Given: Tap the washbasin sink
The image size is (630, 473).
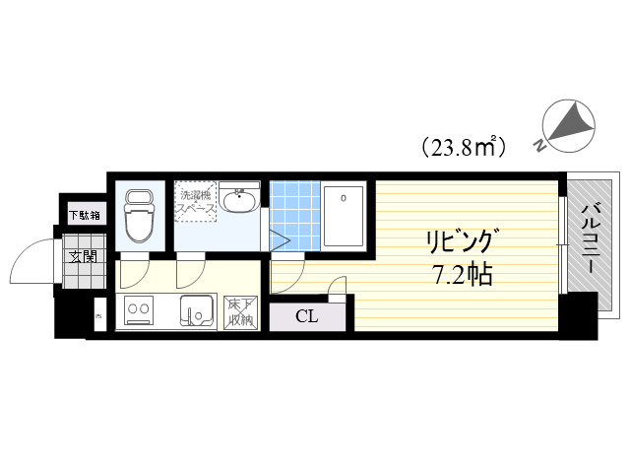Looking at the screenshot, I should point(239,203).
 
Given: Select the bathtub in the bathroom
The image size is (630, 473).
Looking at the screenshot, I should point(344,214).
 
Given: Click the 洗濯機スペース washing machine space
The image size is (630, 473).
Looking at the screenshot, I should point(195,202).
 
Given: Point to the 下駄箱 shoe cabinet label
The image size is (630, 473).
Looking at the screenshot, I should point(82,214).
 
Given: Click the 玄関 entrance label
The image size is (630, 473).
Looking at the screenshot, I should point(83,258).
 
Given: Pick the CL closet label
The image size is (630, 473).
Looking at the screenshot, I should point(307,316).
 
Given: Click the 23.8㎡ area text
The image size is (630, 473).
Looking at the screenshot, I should point(464,148).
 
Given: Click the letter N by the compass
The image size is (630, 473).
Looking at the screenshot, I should point(541,146).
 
